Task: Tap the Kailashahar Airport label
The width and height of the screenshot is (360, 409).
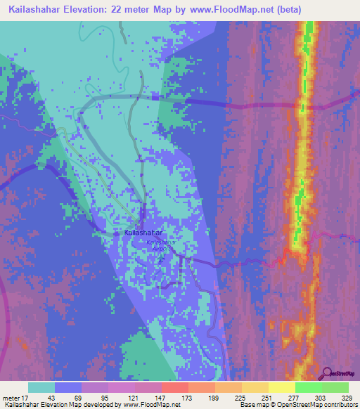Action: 160,245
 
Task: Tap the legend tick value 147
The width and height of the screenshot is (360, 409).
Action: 161,397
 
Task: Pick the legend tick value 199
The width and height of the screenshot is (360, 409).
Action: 214,397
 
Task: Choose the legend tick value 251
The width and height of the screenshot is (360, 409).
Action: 267,397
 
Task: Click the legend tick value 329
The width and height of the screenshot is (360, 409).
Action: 347,397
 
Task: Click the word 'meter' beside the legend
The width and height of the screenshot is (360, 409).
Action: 10,397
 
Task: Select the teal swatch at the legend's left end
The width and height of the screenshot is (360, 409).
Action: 41,387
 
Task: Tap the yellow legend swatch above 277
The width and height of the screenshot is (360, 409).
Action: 281,387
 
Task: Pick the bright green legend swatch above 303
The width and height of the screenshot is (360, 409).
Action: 308,387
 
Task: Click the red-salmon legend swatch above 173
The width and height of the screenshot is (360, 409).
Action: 174,387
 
